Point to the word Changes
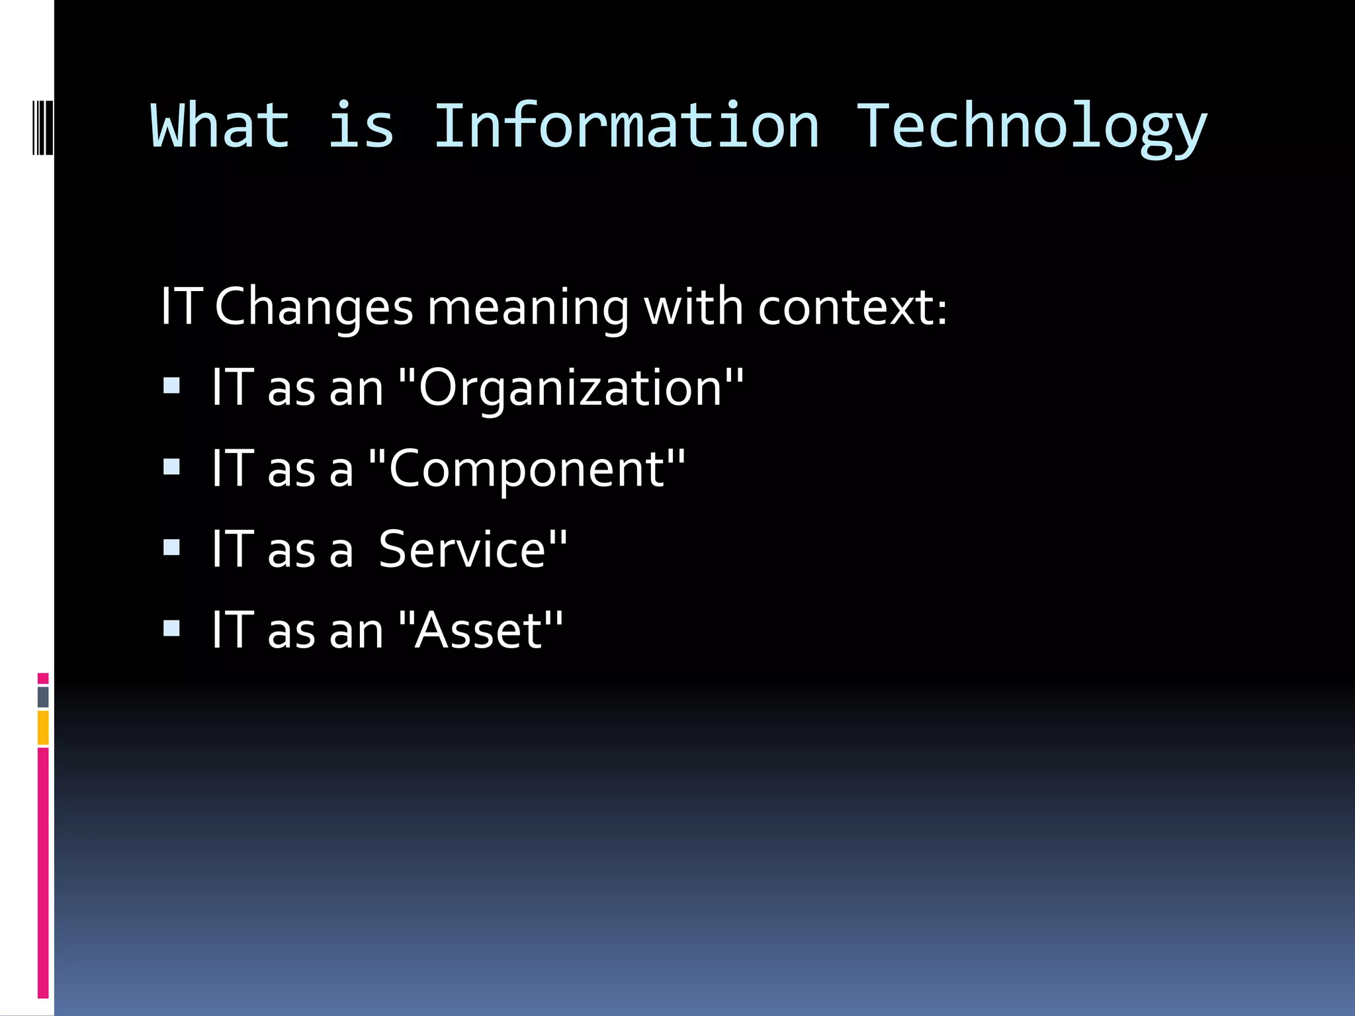pyautogui.click(x=314, y=307)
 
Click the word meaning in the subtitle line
pyautogui.click(x=528, y=308)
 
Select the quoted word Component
pyautogui.click(x=527, y=469)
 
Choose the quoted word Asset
pyautogui.click(x=480, y=630)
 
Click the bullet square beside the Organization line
pyautogui.click(x=171, y=386)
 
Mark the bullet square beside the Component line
pyautogui.click(x=171, y=467)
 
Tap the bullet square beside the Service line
pyautogui.click(x=171, y=547)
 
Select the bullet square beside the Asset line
pyautogui.click(x=171, y=628)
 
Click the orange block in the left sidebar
pyautogui.click(x=43, y=728)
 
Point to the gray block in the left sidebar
pyautogui.click(x=43, y=697)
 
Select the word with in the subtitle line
pyautogui.click(x=693, y=307)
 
